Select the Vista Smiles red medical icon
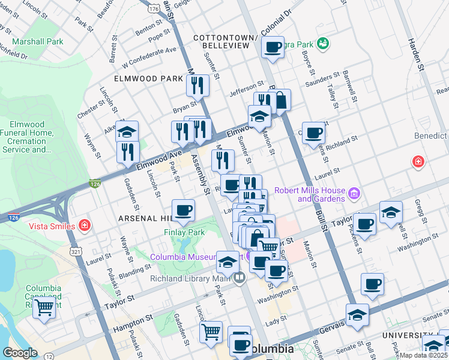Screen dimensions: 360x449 coord(85,226)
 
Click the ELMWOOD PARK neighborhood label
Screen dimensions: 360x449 coord(150,79)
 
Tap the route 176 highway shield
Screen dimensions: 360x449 coord(155,9)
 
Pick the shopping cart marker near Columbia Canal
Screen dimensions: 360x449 coord(44,308)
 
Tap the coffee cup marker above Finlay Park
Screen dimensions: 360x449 coord(184,211)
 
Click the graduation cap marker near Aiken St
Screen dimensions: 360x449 coord(127,132)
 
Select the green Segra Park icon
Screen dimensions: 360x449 coord(323,44)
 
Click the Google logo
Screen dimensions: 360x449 coord(20,353)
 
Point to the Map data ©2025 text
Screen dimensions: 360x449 coord(424,355)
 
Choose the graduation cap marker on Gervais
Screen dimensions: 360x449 coord(357,315)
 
